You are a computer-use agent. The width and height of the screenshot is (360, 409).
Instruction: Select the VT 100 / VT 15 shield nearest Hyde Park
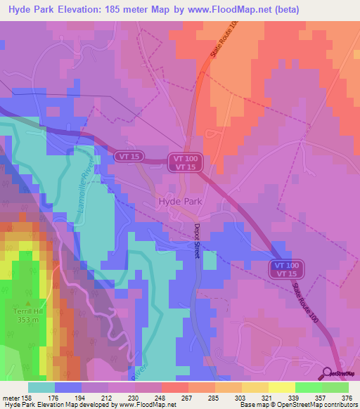pyautogui.click(x=186, y=162)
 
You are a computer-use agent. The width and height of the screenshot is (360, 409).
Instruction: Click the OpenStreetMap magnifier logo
pyautogui.click(x=328, y=373)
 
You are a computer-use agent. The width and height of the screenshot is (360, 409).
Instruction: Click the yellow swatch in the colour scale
pyautogui.click(x=255, y=387)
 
